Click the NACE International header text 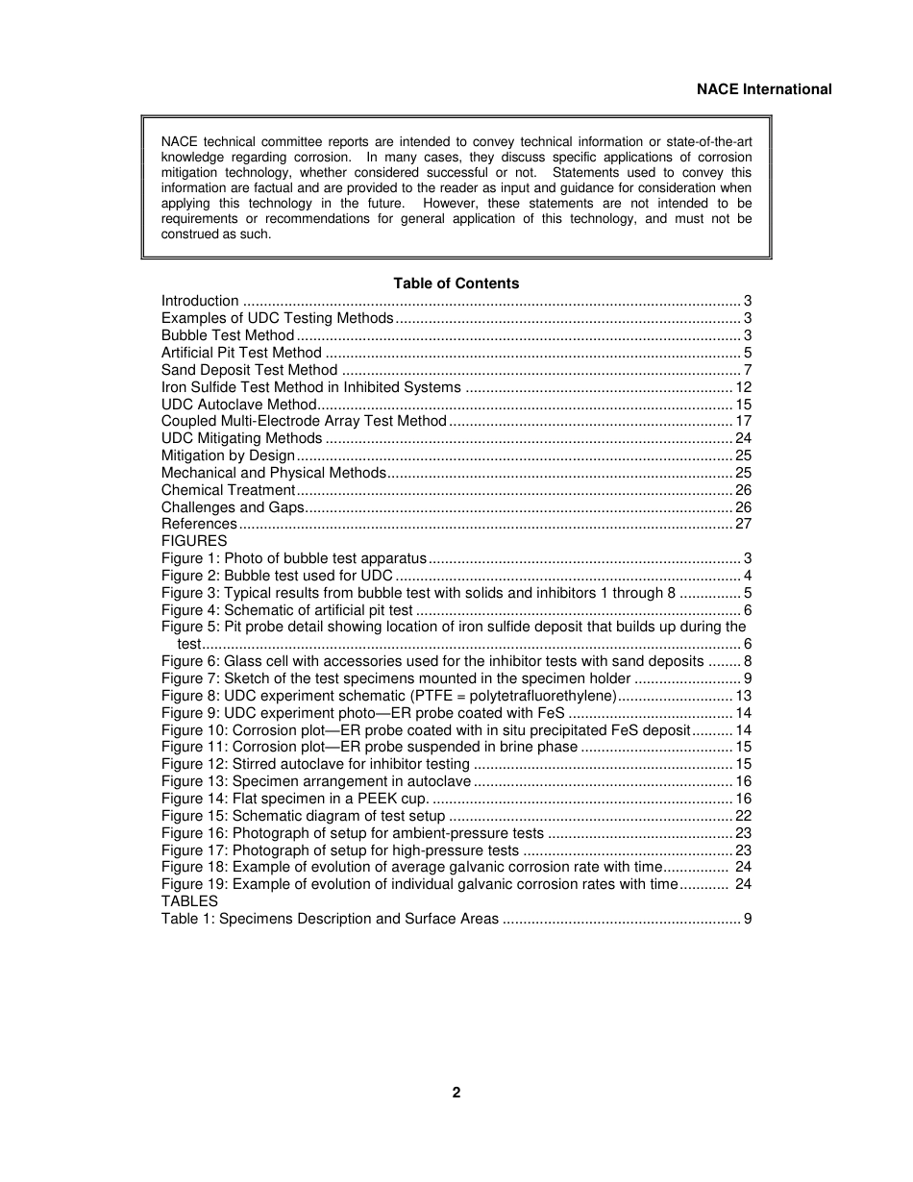(x=764, y=89)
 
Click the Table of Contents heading (x=456, y=283)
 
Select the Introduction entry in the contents (x=200, y=301)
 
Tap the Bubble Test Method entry (x=228, y=335)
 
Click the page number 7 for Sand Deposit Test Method (x=747, y=370)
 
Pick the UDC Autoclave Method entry (x=238, y=405)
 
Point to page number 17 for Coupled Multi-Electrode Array (x=743, y=421)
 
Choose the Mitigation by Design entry (x=228, y=456)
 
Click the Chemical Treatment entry (x=228, y=490)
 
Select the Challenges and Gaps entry (x=233, y=507)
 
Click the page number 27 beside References (x=743, y=524)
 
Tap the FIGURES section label (x=194, y=541)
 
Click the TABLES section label (x=189, y=901)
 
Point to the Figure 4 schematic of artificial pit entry (x=286, y=610)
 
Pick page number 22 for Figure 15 (x=743, y=816)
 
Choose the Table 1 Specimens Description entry (x=330, y=919)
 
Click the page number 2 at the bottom (x=456, y=1093)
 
